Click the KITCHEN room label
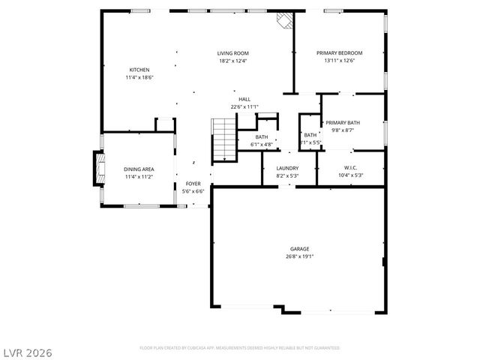tap(139, 70)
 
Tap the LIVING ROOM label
tap(232, 53)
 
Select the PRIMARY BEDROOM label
tap(339, 53)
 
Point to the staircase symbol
tap(223, 139)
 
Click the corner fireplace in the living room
tap(283, 21)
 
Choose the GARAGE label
tap(299, 249)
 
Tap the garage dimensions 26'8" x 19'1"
tap(299, 256)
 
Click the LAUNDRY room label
tap(287, 168)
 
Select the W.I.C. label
tap(350, 168)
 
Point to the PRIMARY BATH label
tap(342, 122)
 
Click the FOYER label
tap(193, 184)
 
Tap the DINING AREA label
tap(138, 169)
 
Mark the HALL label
tap(244, 99)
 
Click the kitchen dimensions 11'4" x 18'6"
tap(139, 77)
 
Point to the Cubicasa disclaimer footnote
tap(239, 348)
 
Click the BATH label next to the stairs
tap(261, 137)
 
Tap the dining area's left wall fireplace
tap(96, 169)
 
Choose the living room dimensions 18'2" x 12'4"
tap(232, 61)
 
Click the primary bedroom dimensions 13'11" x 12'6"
tap(339, 61)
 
